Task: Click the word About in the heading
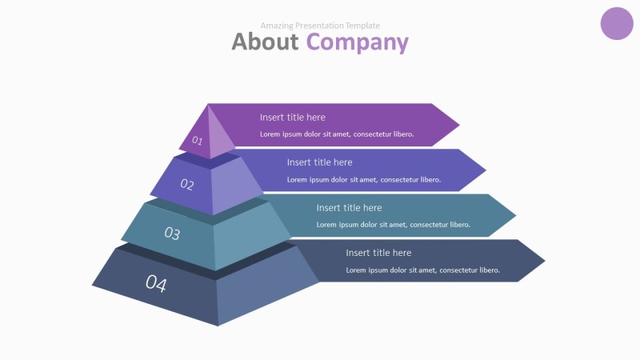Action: click(x=266, y=42)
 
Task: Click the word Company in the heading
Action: click(x=357, y=42)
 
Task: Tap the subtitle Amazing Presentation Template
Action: click(x=320, y=26)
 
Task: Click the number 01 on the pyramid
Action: click(x=197, y=142)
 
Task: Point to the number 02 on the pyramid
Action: click(x=187, y=185)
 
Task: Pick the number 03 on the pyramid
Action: click(x=172, y=234)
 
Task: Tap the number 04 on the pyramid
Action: click(x=156, y=283)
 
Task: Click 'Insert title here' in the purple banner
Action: click(x=293, y=118)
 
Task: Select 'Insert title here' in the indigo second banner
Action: click(x=319, y=162)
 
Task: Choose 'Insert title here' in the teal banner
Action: click(x=349, y=208)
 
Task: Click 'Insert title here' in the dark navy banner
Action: click(x=378, y=253)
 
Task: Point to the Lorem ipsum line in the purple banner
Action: click(x=337, y=134)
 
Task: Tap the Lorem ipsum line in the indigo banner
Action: click(x=364, y=180)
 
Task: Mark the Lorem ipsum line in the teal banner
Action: click(x=394, y=225)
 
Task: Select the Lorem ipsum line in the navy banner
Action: click(x=422, y=270)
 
